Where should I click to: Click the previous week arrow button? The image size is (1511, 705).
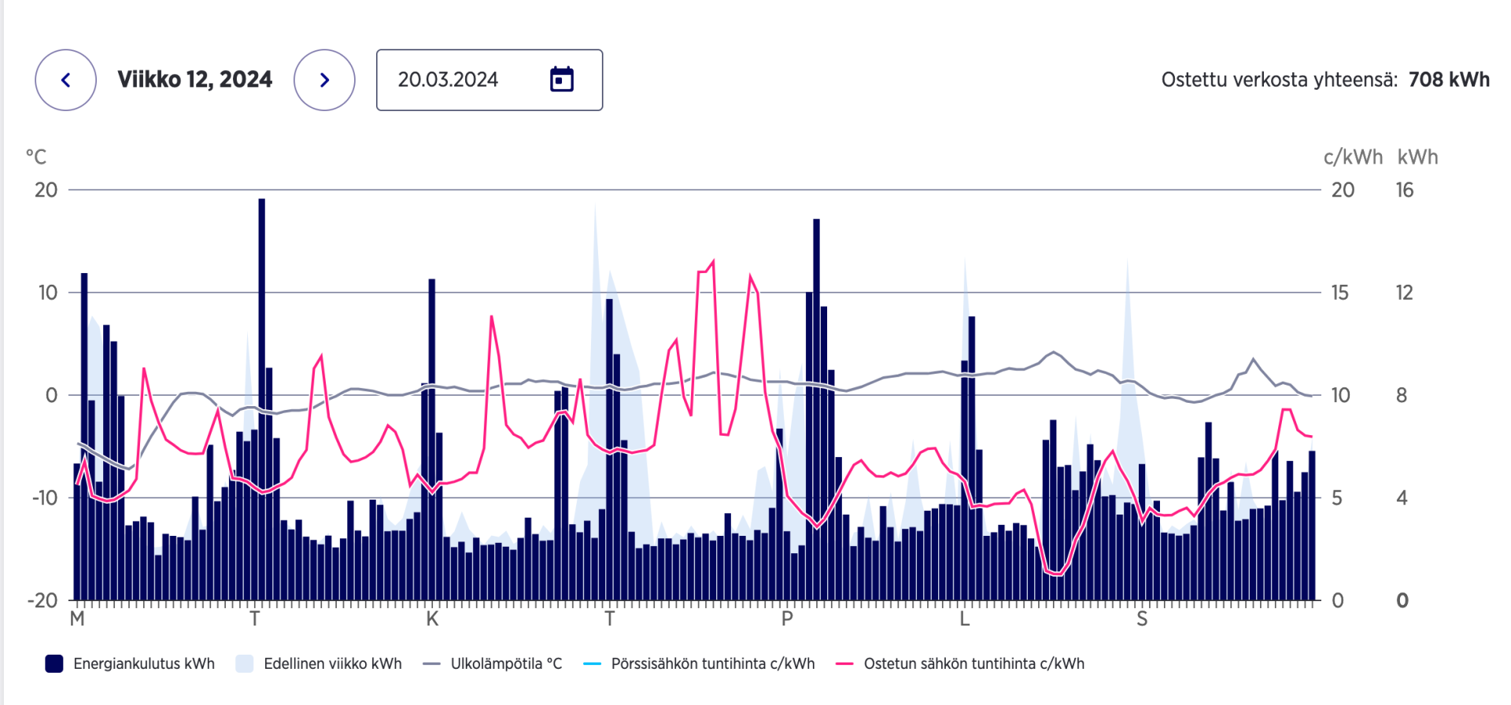pyautogui.click(x=66, y=80)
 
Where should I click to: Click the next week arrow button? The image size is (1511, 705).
pyautogui.click(x=324, y=80)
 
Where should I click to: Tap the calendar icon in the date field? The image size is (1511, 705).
pyautogui.click(x=562, y=79)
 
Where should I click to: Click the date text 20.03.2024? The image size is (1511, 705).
pyautogui.click(x=448, y=80)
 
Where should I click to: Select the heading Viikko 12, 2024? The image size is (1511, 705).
pyautogui.click(x=194, y=79)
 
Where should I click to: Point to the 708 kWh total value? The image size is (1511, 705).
pyautogui.click(x=1449, y=79)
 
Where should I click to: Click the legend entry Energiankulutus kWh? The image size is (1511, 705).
pyautogui.click(x=143, y=663)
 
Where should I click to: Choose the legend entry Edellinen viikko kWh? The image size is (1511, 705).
pyautogui.click(x=332, y=663)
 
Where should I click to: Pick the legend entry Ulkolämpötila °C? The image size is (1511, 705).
pyautogui.click(x=506, y=663)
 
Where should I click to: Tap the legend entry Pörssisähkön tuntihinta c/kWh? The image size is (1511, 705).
pyautogui.click(x=712, y=663)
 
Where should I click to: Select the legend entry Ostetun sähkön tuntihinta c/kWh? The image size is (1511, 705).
pyautogui.click(x=973, y=663)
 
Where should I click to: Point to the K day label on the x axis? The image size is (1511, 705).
pyautogui.click(x=432, y=619)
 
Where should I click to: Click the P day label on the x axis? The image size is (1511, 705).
pyautogui.click(x=787, y=619)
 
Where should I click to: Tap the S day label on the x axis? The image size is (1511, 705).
pyautogui.click(x=1142, y=619)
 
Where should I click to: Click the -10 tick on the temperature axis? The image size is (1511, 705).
pyautogui.click(x=45, y=497)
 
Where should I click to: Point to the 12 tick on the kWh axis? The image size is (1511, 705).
pyautogui.click(x=1404, y=293)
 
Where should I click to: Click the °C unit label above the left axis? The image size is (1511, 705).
pyautogui.click(x=36, y=157)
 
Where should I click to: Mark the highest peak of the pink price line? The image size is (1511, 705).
pyautogui.click(x=714, y=261)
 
